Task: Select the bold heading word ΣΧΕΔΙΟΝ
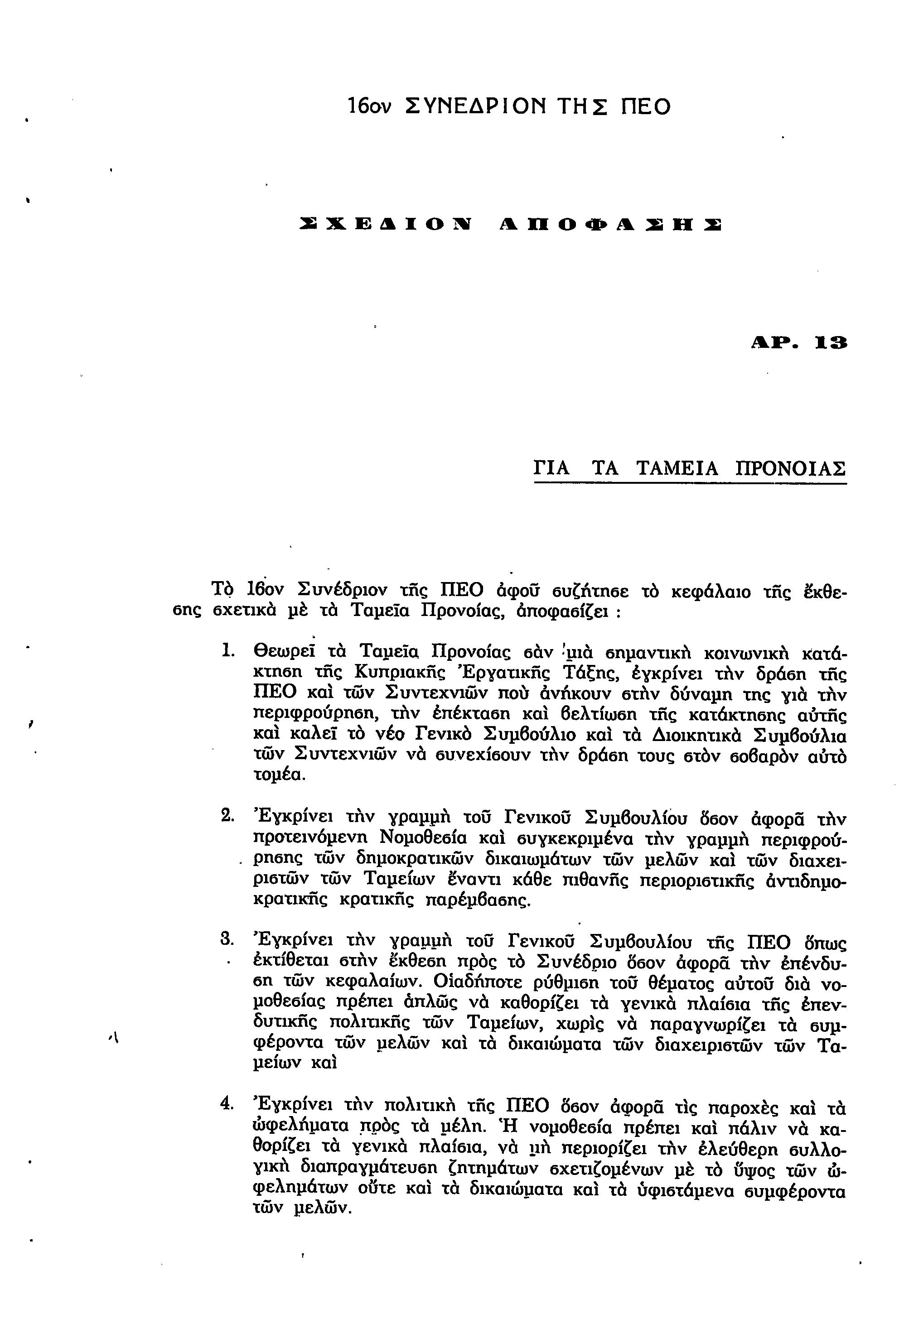[x=386, y=225]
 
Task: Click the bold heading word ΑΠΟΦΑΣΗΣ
[x=611, y=225]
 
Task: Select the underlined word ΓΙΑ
[x=551, y=468]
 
